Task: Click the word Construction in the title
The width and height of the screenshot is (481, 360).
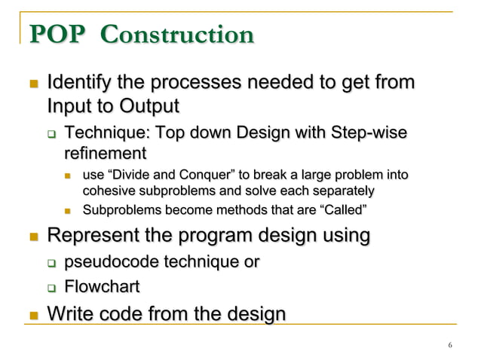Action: (177, 35)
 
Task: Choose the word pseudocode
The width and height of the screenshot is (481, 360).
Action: (110, 262)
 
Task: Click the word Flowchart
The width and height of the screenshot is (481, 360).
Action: (102, 286)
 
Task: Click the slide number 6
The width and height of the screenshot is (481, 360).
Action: (449, 346)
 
